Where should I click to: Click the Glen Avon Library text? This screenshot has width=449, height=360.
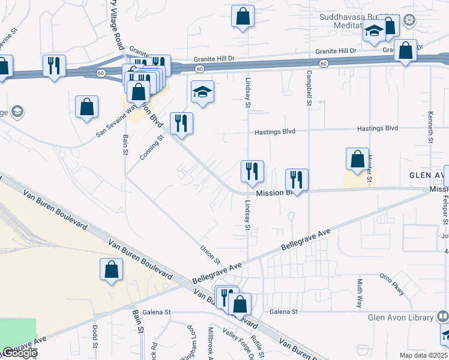pyautogui.click(x=400, y=317)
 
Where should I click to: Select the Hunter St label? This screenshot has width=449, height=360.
pyautogui.click(x=370, y=169)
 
